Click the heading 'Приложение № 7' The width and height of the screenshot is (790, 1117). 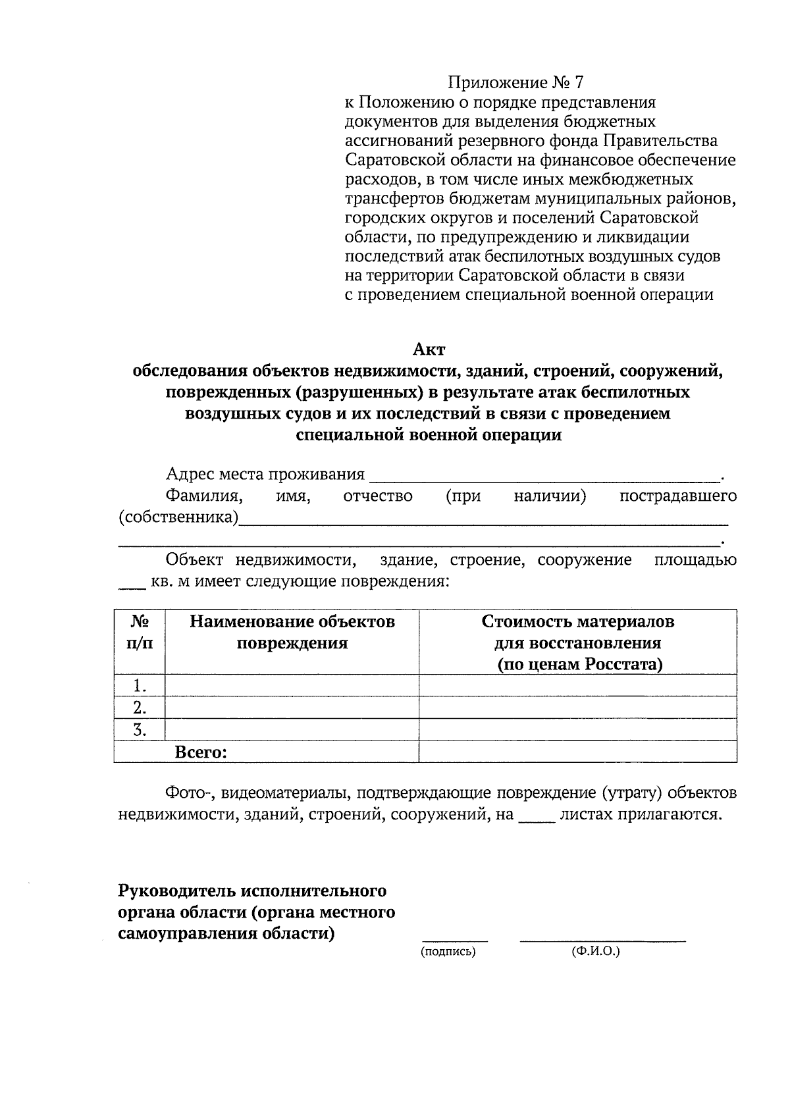click(515, 83)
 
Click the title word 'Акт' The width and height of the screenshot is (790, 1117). click(429, 349)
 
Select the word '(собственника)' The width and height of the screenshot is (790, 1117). click(178, 517)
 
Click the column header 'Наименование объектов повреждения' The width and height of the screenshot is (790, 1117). click(292, 632)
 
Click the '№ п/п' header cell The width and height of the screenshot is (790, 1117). click(139, 632)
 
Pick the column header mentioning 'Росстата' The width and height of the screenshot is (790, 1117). click(578, 642)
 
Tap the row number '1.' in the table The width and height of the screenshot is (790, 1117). click(139, 686)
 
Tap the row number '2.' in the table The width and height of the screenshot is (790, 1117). click(139, 708)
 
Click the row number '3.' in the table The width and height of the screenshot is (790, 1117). click(139, 729)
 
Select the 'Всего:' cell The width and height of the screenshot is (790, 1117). click(201, 752)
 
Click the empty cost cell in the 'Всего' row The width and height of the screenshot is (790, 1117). click(578, 752)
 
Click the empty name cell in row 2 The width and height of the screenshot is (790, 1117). click(292, 708)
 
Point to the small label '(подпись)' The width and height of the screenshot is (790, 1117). click(448, 952)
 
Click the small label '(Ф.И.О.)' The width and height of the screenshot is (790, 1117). click(596, 952)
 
